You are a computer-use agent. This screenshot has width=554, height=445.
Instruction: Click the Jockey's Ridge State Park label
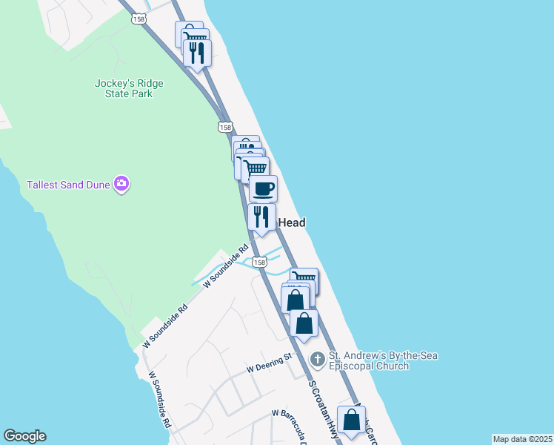[129, 89]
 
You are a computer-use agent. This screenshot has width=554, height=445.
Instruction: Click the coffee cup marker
[263, 188]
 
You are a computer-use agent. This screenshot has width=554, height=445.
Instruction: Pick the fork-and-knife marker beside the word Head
[261, 217]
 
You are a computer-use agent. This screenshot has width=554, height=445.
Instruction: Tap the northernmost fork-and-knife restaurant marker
[196, 53]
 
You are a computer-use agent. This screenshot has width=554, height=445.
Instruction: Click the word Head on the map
[291, 222]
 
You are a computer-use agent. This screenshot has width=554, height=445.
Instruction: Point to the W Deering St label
[270, 363]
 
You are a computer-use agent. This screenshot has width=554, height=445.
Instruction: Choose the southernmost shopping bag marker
[351, 421]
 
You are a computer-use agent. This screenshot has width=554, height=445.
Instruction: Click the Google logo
[24, 436]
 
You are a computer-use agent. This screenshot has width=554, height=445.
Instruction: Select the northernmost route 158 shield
[139, 19]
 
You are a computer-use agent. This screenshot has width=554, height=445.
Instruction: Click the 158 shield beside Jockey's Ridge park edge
[226, 128]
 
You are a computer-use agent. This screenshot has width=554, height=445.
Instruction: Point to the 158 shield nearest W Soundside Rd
[258, 262]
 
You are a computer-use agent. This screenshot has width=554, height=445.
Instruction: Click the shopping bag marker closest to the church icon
[304, 324]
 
